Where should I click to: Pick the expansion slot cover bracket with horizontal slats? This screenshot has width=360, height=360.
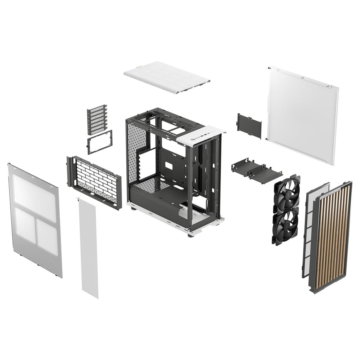[97, 120]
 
